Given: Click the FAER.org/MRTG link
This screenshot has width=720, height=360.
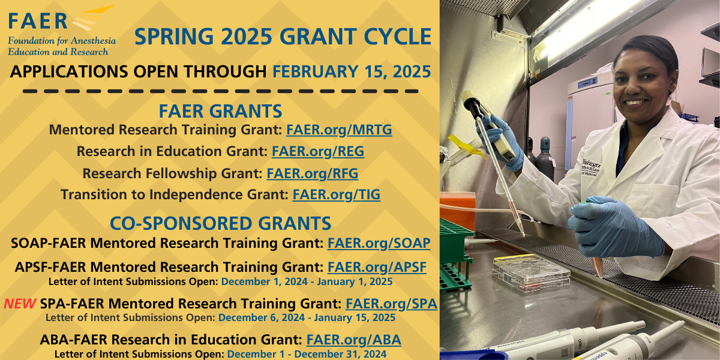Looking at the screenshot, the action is point(339,130).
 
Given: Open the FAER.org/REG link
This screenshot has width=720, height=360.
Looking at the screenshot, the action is point(318,151).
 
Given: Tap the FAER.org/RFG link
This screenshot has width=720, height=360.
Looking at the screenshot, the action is point(313,173).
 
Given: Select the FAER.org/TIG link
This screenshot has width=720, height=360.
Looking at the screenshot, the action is point(336,195).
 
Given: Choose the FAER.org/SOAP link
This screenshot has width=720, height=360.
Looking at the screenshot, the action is point(379,244).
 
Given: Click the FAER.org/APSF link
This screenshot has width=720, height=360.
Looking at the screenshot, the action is point(377,267).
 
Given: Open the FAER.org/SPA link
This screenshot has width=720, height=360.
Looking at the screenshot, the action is point(391,304).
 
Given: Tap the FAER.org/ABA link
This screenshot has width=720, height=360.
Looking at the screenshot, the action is point(353,340).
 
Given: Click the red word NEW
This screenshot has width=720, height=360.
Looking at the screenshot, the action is point(20,304).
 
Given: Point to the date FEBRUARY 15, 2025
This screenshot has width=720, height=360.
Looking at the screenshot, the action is point(352,71).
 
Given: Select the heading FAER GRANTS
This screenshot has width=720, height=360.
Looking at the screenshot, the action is point(221,111).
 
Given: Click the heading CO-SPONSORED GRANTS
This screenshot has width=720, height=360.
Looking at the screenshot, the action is point(221,223).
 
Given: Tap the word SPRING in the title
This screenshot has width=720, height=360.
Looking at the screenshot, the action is point(174,37).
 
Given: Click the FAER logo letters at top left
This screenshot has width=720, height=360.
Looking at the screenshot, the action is point(38,21).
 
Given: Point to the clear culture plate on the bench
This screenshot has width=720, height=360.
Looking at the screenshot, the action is point(530,272).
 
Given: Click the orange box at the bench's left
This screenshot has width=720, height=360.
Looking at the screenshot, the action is point(457,211).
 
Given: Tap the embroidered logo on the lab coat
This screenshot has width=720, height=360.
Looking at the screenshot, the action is point(591,167).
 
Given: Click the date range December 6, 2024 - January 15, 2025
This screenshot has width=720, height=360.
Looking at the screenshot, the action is point(307,318).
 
